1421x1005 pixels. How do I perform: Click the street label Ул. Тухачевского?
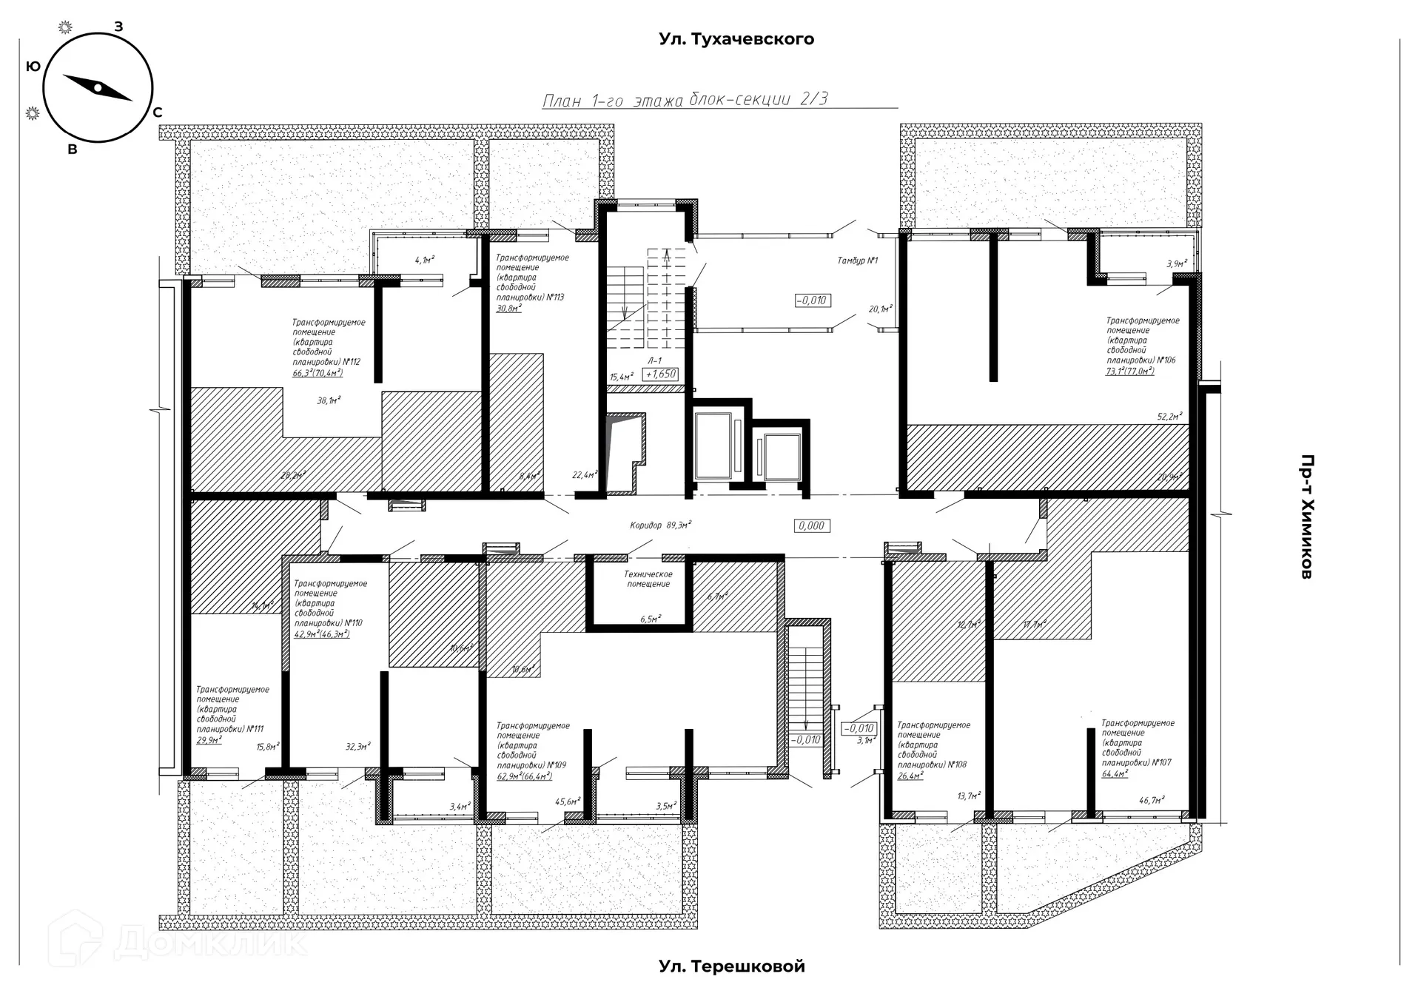[736, 39]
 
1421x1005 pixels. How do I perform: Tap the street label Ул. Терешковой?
[731, 966]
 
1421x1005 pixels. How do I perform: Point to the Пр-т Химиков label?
[1307, 516]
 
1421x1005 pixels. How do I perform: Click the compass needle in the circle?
[97, 87]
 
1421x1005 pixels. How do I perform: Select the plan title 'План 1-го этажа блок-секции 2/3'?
[685, 100]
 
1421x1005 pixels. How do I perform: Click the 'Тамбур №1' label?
[857, 261]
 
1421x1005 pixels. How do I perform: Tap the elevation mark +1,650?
[661, 374]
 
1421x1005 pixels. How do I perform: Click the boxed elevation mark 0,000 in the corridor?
[811, 525]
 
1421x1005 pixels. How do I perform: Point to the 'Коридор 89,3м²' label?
[660, 525]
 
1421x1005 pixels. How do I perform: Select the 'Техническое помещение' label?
[648, 579]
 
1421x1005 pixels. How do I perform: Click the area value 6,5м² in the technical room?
[650, 619]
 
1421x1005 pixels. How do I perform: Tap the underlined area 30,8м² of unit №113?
[508, 307]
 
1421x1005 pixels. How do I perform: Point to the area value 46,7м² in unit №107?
[1152, 799]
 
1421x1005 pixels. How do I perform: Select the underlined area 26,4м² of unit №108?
[910, 776]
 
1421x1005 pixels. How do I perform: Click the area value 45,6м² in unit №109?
[568, 801]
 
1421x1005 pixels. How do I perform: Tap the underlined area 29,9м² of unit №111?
[209, 739]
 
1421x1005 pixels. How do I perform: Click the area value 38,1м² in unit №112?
[329, 400]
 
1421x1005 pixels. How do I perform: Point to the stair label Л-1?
[654, 361]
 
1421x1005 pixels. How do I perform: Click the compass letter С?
[157, 113]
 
